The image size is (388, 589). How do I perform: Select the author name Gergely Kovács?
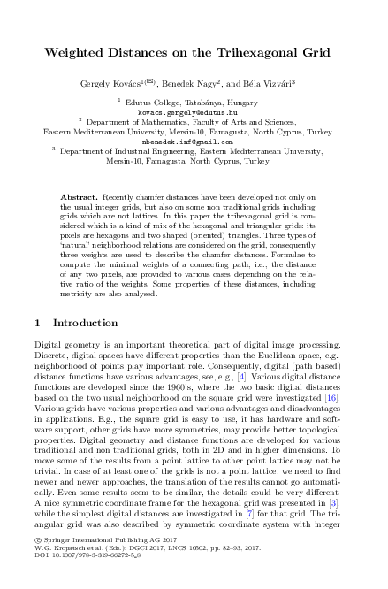(x=124, y=82)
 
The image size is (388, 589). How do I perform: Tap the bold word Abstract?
(x=83, y=192)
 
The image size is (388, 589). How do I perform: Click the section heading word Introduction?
(x=86, y=324)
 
